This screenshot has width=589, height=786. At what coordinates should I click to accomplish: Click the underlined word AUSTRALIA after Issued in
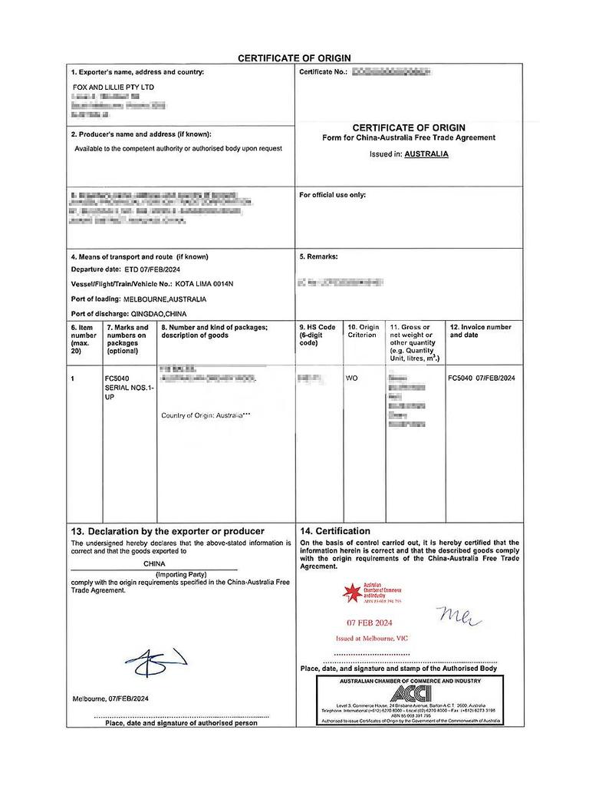[426, 154]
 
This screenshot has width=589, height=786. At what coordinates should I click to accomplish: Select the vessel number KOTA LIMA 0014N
[204, 284]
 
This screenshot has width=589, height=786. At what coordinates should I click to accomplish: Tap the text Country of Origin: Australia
[206, 415]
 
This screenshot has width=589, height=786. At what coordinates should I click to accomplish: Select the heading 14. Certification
[334, 531]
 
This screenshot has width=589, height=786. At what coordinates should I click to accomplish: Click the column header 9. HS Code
[318, 327]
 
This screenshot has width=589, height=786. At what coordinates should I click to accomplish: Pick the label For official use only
[332, 195]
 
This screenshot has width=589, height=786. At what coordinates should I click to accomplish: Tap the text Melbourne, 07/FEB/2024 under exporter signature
[111, 698]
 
